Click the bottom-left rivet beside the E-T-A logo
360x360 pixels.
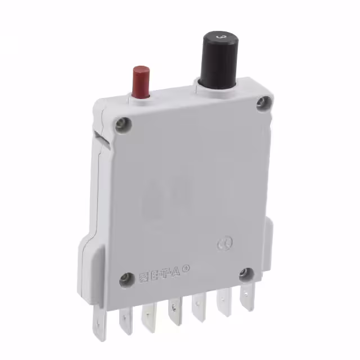124,278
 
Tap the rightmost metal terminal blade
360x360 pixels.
245,298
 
